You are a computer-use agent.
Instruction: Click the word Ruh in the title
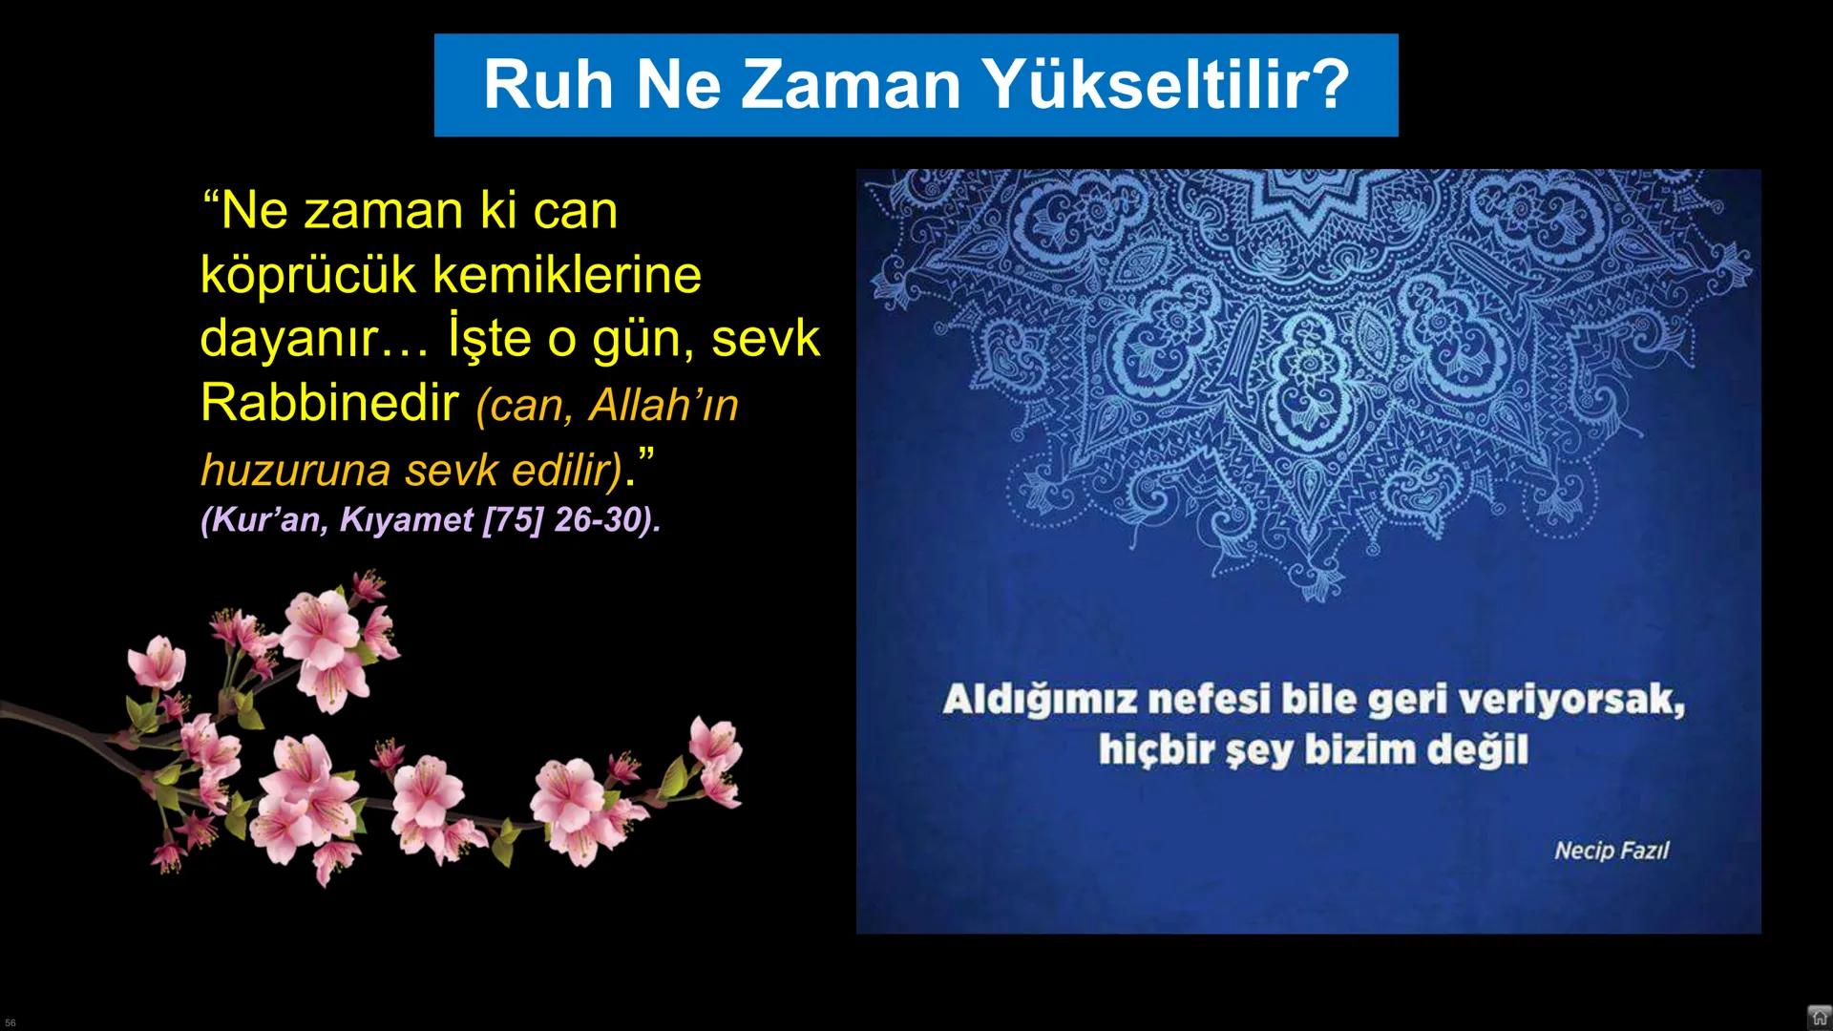tap(548, 84)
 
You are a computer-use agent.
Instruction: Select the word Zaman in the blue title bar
tap(850, 84)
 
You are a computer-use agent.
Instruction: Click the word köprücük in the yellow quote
tap(307, 276)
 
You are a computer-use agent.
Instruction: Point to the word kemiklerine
tap(567, 274)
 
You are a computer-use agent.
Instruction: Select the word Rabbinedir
tap(329, 403)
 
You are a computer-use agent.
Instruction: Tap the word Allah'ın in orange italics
tap(664, 405)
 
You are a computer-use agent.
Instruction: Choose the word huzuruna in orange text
tap(295, 470)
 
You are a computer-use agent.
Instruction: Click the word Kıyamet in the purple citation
tap(407, 520)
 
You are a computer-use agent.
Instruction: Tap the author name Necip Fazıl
tap(1612, 850)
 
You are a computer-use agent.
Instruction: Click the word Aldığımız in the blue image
tap(1039, 700)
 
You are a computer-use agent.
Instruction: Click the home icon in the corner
tap(1819, 1017)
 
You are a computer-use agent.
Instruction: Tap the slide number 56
tap(11, 1022)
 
